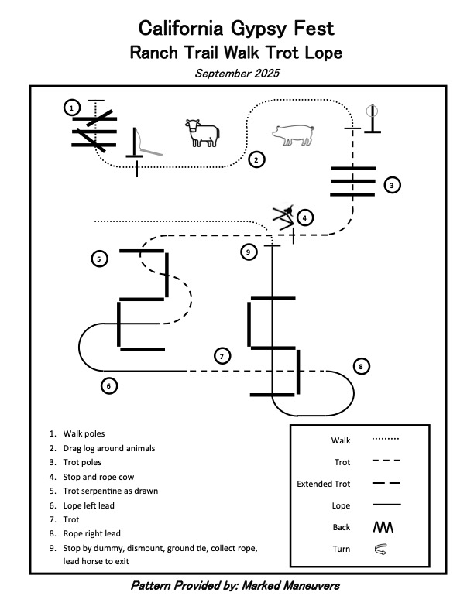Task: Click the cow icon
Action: click(201, 132)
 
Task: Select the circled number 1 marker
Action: click(71, 108)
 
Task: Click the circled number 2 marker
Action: click(256, 160)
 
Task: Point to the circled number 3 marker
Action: click(393, 185)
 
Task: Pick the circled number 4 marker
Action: click(306, 217)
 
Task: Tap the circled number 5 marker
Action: click(99, 259)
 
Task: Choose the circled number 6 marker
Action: click(109, 385)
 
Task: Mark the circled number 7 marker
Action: click(222, 356)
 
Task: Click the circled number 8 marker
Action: click(362, 366)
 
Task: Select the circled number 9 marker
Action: click(248, 252)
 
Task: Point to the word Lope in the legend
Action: click(341, 506)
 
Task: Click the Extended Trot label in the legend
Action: click(324, 485)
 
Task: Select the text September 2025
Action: click(237, 74)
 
